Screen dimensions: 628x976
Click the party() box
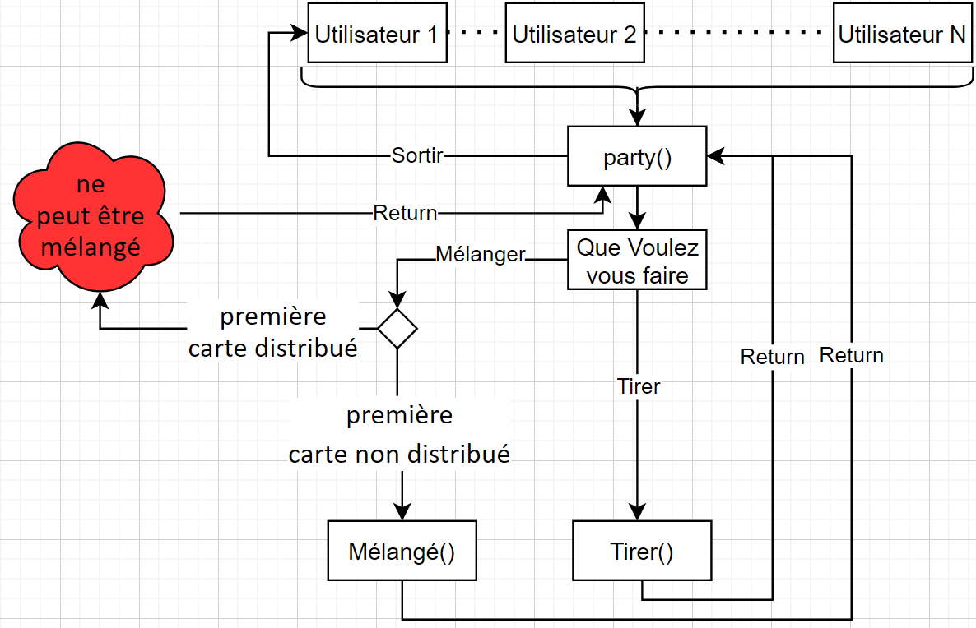pyautogui.click(x=637, y=155)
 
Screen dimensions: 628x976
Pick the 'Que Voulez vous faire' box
pyautogui.click(x=637, y=261)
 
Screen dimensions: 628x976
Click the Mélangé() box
pyautogui.click(x=402, y=550)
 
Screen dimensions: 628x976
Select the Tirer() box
pyautogui.click(x=642, y=550)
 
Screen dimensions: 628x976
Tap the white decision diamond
pyautogui.click(x=397, y=329)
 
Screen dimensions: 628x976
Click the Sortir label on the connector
pyautogui.click(x=417, y=155)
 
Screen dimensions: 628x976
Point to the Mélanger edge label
pyautogui.click(x=480, y=255)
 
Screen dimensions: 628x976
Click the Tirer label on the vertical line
pyautogui.click(x=639, y=386)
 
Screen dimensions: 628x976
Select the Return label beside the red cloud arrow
pyautogui.click(x=405, y=213)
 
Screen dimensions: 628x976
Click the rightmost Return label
pyautogui.click(x=851, y=355)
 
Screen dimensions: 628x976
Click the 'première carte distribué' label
pyautogui.click(x=272, y=332)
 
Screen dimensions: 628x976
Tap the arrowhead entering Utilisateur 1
pyautogui.click(x=300, y=34)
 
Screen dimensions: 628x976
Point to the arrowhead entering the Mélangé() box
pyautogui.click(x=402, y=510)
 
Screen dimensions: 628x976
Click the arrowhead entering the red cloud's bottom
pyautogui.click(x=100, y=299)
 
